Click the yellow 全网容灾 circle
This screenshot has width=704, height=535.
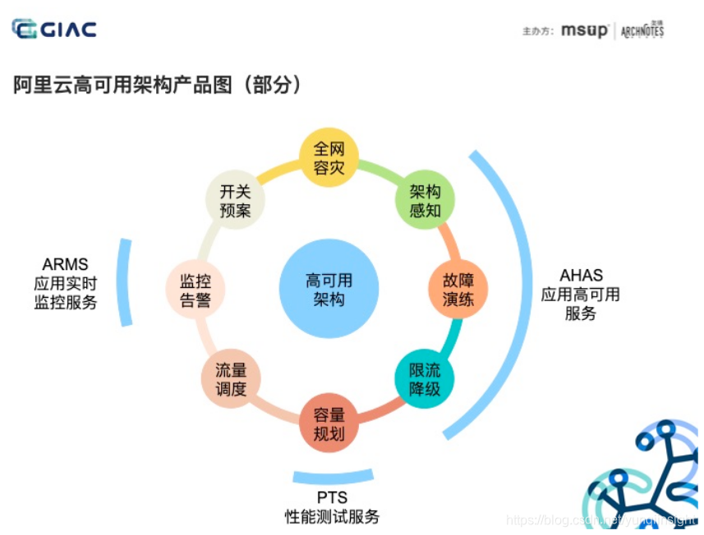click(329, 158)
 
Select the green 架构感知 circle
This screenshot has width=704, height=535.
click(426, 200)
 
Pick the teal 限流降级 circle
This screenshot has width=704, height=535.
click(425, 378)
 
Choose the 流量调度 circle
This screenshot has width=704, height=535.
click(232, 379)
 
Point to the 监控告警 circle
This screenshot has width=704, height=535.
click(195, 290)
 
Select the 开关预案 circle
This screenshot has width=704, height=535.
click(235, 200)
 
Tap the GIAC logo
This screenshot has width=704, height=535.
click(54, 30)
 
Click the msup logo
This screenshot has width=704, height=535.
click(585, 31)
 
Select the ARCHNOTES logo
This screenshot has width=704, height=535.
click(642, 31)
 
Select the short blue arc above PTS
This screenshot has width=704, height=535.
click(333, 478)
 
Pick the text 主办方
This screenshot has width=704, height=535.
click(539, 31)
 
